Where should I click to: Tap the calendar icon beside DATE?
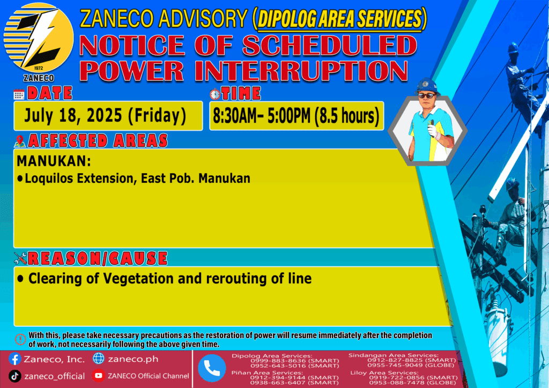coord(19,94)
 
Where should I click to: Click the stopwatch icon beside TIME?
coord(215,94)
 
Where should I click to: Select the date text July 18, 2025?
coord(73,115)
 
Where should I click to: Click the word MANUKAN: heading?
coord(54,161)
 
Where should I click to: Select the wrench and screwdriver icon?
coord(20,258)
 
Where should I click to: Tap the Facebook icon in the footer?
coord(14,359)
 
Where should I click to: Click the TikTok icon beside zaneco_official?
coord(14,376)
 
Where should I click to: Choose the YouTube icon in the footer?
coord(99,376)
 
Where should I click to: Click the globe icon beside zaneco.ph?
coord(99,359)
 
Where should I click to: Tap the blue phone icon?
coord(212,368)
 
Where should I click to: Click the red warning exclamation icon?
coord(20,339)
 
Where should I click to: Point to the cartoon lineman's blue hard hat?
coord(427,86)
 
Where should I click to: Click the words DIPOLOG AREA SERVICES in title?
coord(339,19)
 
